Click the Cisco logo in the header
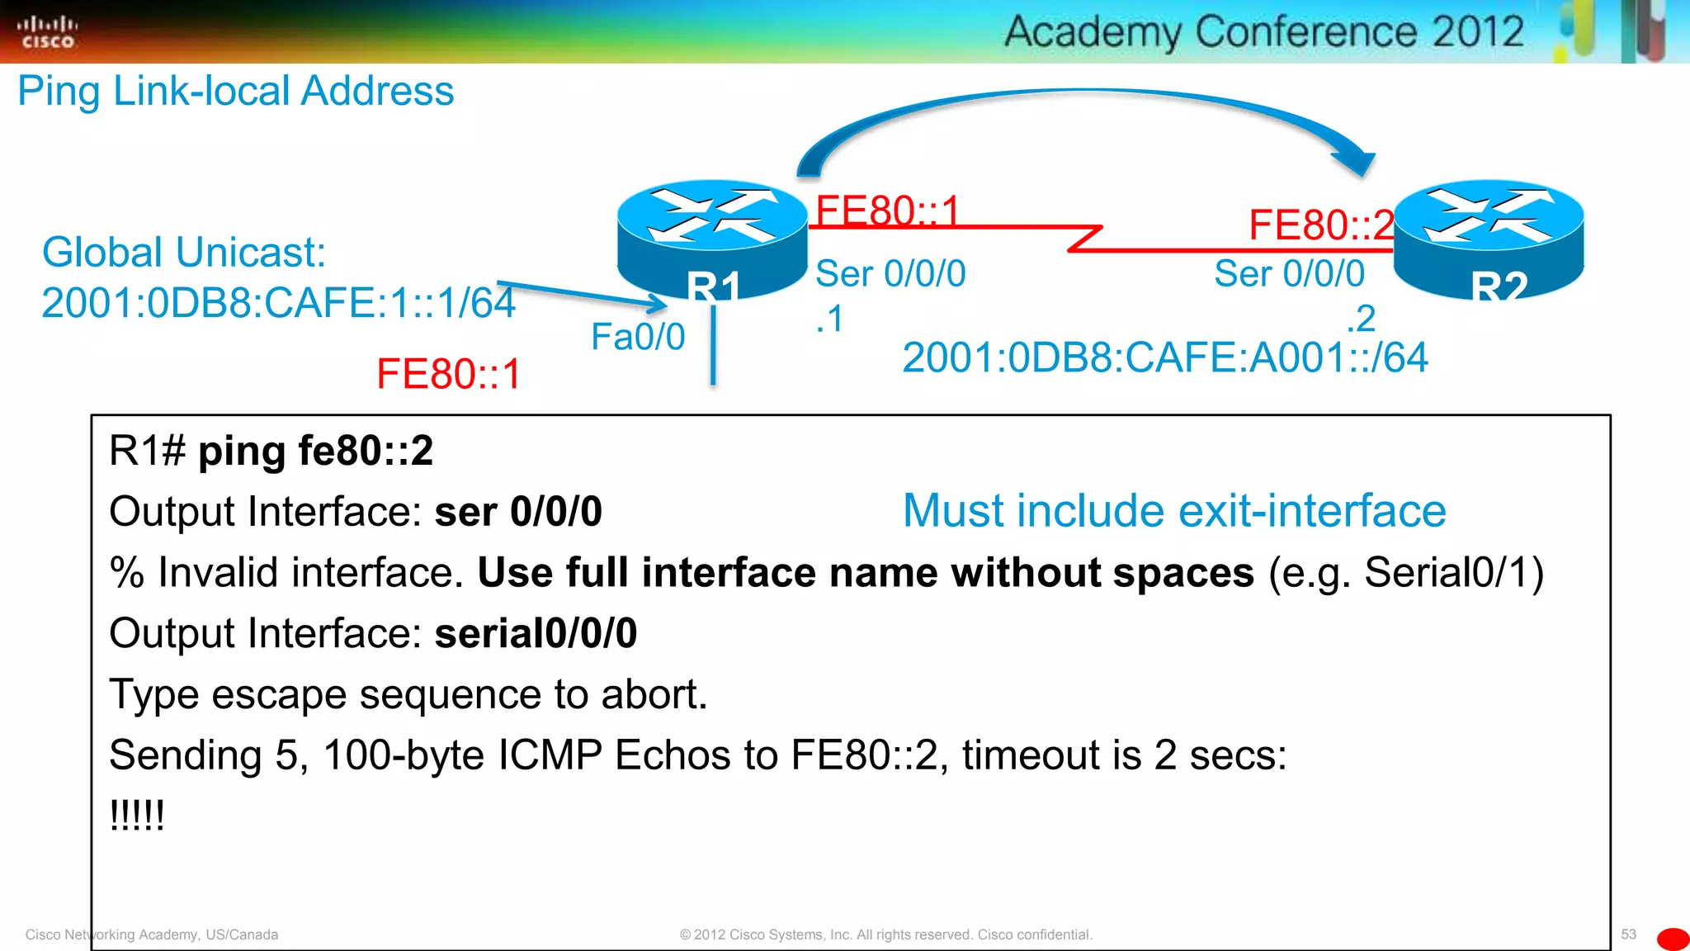click(47, 32)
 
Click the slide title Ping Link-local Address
click(236, 91)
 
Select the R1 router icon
click(712, 237)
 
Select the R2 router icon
click(1489, 237)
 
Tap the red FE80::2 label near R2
click(1321, 225)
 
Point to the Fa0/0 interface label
click(638, 337)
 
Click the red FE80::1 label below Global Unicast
click(449, 374)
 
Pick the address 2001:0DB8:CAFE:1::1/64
click(279, 303)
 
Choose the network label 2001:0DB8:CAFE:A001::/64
click(1165, 358)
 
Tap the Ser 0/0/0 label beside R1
click(890, 274)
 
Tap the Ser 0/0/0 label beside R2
click(1289, 274)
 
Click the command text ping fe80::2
click(315, 452)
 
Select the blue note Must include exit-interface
click(1174, 511)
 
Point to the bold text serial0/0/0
click(536, 634)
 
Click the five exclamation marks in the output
click(137, 816)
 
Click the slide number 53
click(1628, 934)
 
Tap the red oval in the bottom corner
click(1673, 939)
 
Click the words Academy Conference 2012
click(1264, 32)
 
